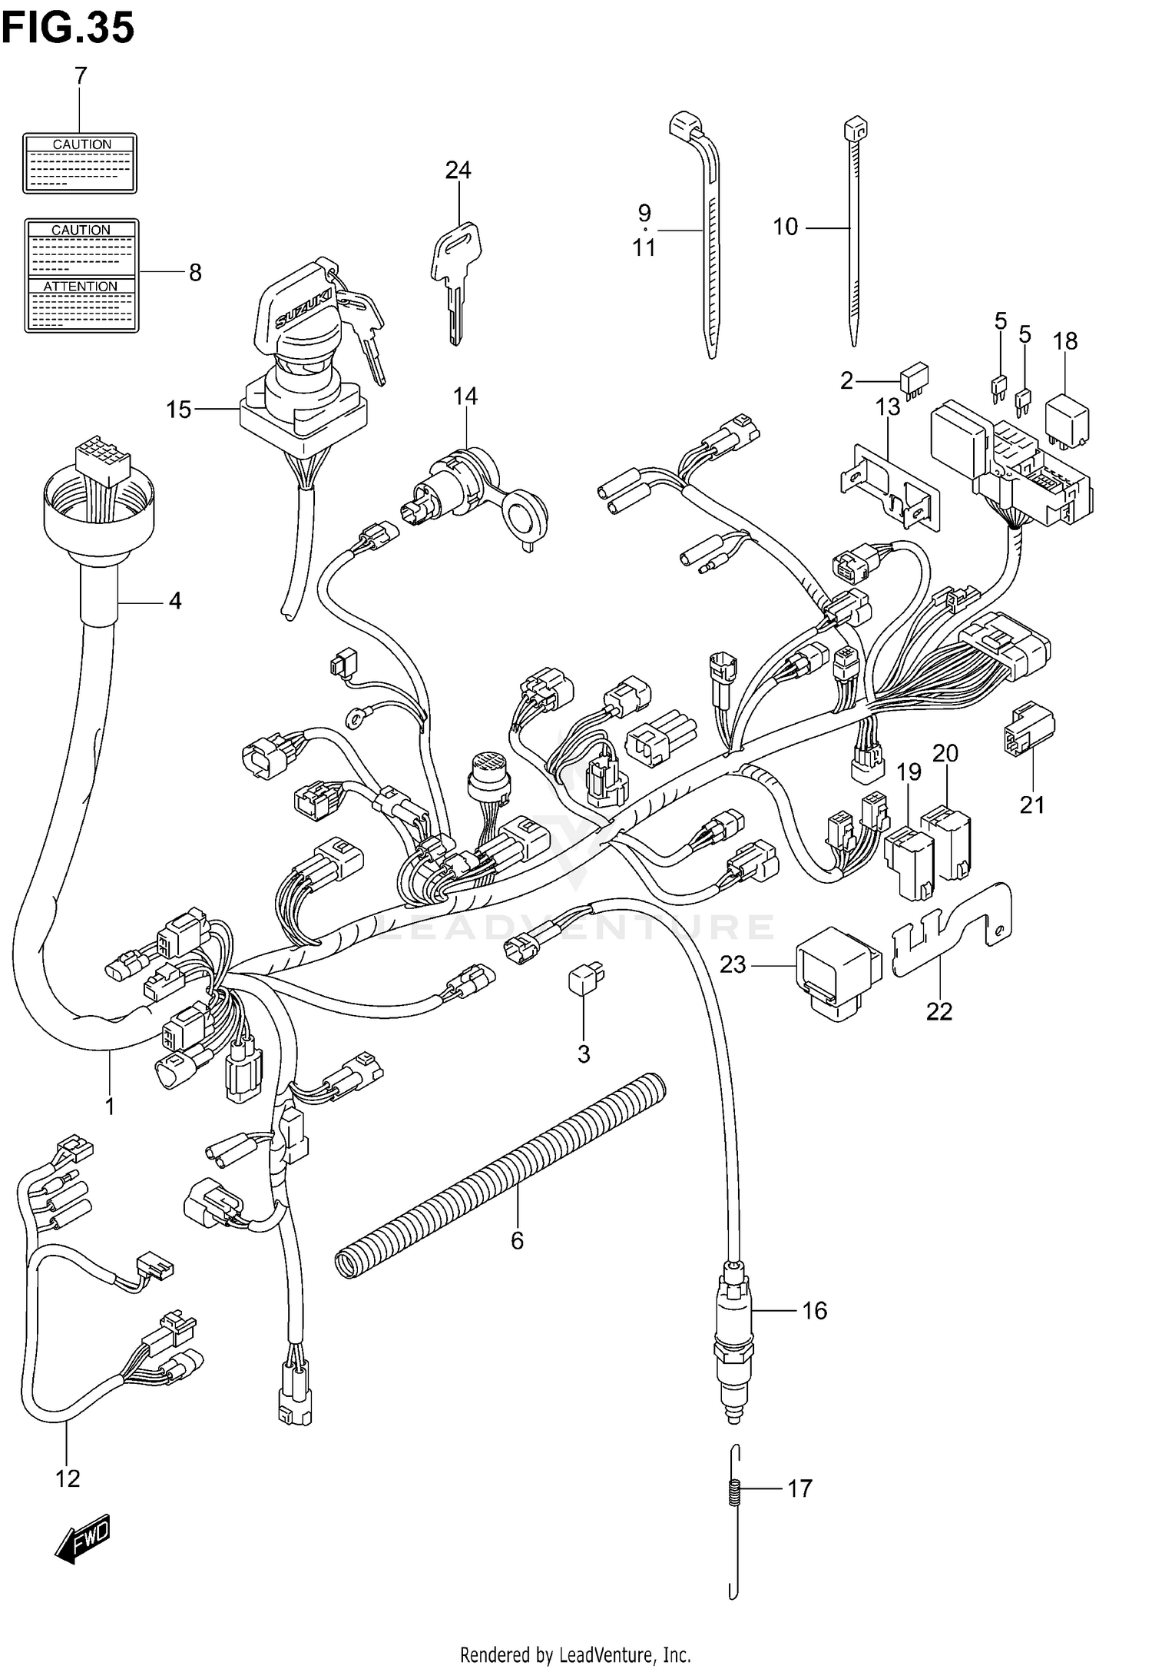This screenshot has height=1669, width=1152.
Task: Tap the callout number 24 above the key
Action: (x=458, y=170)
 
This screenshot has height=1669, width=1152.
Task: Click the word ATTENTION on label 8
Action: (x=81, y=287)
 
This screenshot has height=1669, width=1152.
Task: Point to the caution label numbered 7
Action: (x=80, y=163)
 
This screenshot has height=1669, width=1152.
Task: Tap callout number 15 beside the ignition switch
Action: (x=178, y=410)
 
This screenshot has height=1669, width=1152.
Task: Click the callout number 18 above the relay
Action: (x=1065, y=341)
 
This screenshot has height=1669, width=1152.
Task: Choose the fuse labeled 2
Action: (x=914, y=380)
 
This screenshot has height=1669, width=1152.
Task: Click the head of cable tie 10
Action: (x=855, y=128)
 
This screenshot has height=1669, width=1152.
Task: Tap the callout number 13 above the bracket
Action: (x=888, y=407)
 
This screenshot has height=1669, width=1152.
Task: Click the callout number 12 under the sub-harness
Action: (x=68, y=1478)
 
